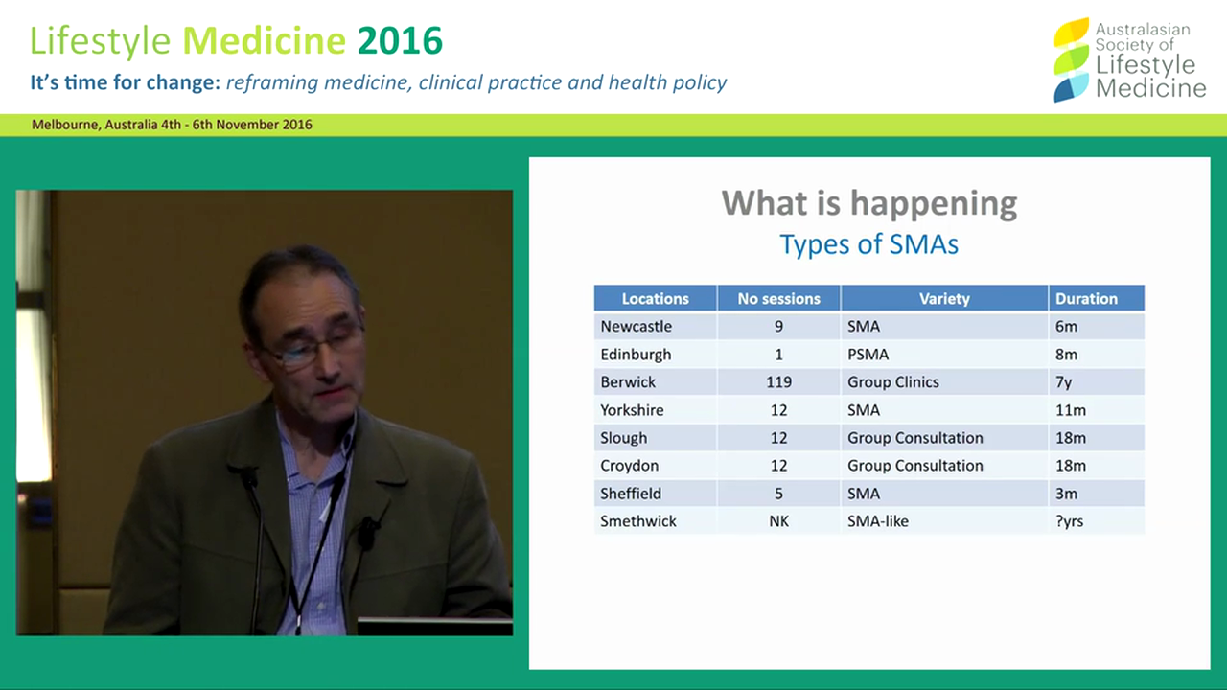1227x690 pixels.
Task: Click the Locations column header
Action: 655,299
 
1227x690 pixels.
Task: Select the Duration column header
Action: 1086,299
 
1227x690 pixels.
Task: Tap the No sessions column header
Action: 778,299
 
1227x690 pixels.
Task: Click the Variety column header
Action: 944,299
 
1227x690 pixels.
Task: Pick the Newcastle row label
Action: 636,327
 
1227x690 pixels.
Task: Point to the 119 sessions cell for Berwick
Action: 778,382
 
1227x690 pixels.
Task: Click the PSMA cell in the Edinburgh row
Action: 868,355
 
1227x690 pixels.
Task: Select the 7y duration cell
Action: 1063,382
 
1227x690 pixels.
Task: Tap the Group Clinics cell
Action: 892,382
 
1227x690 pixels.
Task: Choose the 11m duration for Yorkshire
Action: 1070,410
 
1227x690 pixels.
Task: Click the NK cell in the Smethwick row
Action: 778,521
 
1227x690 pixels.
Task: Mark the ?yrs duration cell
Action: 1069,521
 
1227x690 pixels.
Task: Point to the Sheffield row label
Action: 631,494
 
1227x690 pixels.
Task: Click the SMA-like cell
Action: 877,521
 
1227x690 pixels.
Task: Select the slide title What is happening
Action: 868,203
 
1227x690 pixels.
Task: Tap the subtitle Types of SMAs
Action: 868,244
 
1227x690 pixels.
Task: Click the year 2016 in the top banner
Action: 400,41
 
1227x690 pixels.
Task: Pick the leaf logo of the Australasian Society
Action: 1071,59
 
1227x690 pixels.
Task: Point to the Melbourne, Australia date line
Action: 172,125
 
